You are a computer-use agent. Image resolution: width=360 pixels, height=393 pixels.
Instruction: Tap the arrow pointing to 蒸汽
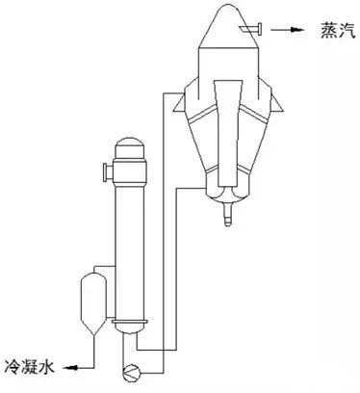[x=288, y=32]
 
